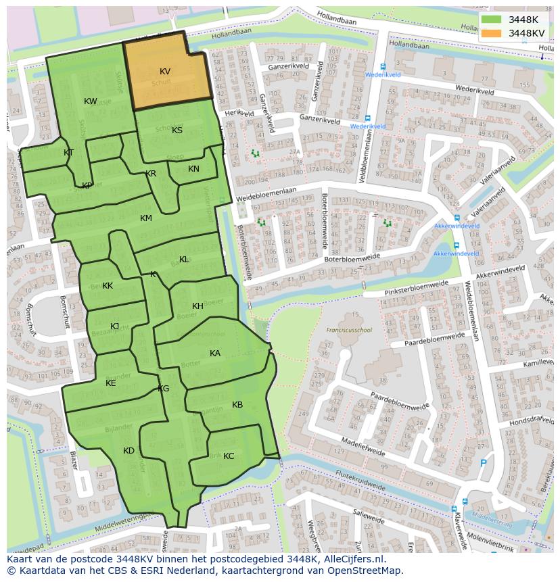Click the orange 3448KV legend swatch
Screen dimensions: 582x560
coord(492,33)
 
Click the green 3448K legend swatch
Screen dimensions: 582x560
coord(492,20)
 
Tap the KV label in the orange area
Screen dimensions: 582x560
coord(165,72)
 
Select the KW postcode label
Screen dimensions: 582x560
coord(91,101)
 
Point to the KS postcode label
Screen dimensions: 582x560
coord(177,130)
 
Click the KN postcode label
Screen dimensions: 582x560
coord(193,170)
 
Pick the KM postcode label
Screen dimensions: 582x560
coord(146,218)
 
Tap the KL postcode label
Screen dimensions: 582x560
coord(184,260)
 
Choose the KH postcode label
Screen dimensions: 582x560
coord(197,306)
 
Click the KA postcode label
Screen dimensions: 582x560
coord(215,354)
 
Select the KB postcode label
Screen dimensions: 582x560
coord(237,405)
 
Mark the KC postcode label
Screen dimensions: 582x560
coord(229,456)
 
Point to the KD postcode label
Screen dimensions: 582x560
coord(129,451)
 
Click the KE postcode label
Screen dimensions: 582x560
coord(111,383)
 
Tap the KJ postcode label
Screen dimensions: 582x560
coord(115,326)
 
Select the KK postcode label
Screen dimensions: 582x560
coord(108,286)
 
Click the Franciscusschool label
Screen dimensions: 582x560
coord(349,331)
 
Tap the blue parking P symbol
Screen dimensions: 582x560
coord(483,463)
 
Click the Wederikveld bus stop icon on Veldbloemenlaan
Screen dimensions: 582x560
coord(354,116)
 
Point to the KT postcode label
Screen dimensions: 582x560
coord(68,153)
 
